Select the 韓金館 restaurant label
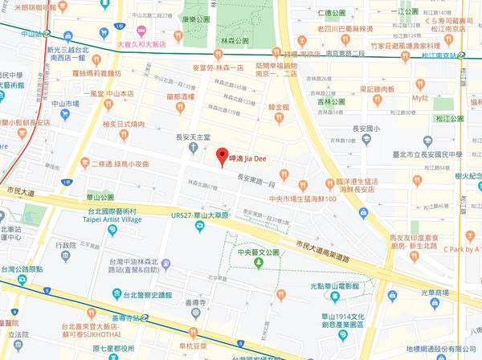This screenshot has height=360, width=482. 278,106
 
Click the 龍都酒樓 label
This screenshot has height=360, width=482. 182,97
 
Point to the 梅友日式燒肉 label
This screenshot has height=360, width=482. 124,125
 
